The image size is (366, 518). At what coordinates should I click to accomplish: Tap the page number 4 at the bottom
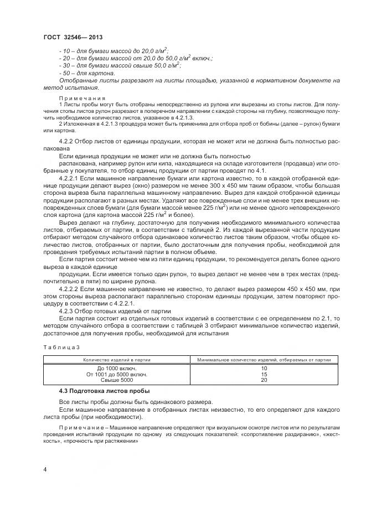[45, 470]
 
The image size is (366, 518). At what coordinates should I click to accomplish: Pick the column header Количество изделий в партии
[117, 360]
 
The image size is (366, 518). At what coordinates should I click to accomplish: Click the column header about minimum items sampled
[264, 360]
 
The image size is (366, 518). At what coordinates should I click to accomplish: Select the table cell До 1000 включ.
[117, 368]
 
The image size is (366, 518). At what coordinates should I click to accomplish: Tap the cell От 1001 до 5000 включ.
[117, 374]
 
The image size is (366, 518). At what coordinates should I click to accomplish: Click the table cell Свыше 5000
[117, 380]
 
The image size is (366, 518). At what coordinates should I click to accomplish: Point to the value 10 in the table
[264, 368]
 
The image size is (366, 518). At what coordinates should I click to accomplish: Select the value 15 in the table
[264, 374]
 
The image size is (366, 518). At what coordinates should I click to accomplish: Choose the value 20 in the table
[264, 380]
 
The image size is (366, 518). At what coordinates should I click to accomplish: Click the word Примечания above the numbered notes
[78, 97]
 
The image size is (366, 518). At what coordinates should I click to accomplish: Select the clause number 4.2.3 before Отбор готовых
[68, 310]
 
